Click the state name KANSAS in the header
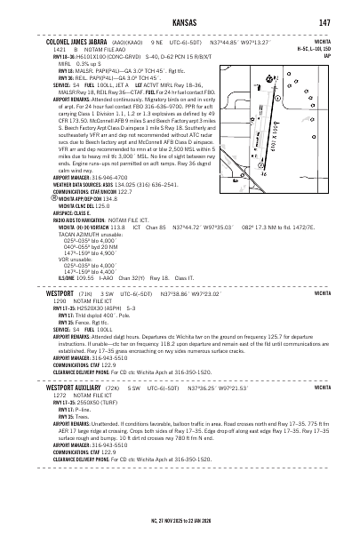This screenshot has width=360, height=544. coord(180,21)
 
